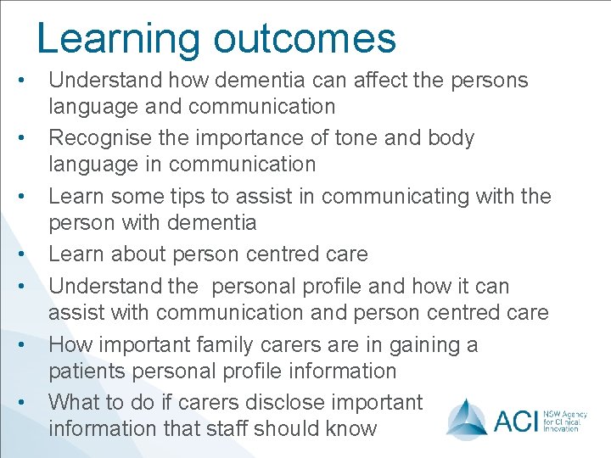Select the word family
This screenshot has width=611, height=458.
[x=234, y=345]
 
